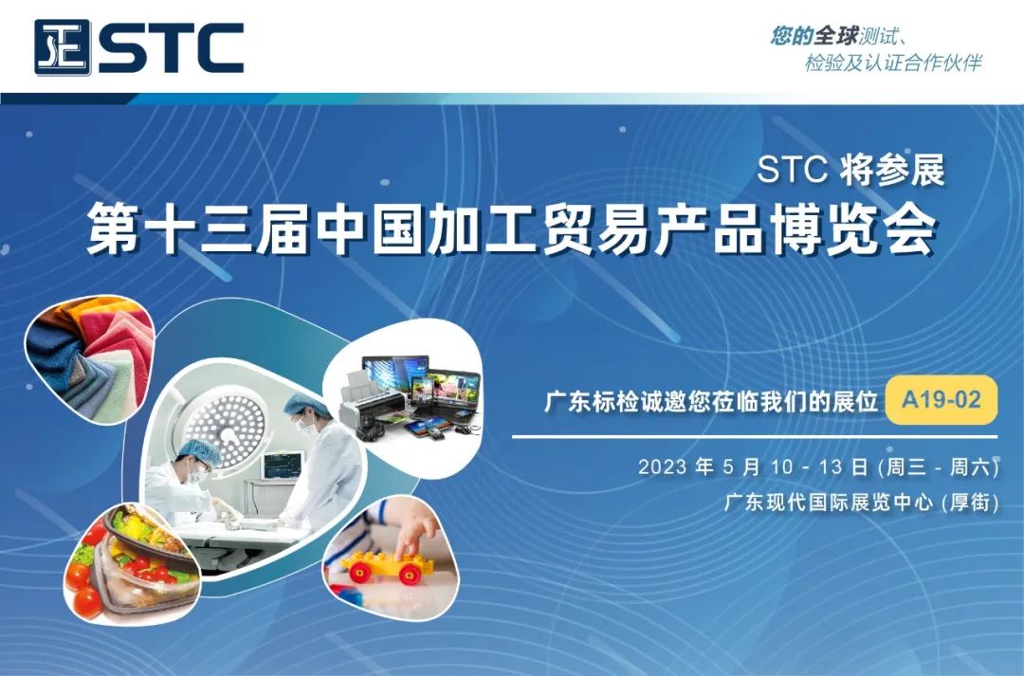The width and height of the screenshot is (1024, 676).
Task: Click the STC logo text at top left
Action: pyautogui.click(x=171, y=46)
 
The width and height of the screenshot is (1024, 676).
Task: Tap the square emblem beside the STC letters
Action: pyautogui.click(x=63, y=47)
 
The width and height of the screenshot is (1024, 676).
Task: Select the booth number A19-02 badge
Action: pyautogui.click(x=941, y=400)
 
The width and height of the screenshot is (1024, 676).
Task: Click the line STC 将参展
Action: pyautogui.click(x=850, y=172)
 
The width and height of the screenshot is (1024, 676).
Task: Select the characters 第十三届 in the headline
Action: pyautogui.click(x=195, y=230)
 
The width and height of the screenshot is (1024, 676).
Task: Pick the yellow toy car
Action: pyautogui.click(x=385, y=568)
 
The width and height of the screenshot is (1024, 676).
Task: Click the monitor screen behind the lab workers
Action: pyautogui.click(x=281, y=466)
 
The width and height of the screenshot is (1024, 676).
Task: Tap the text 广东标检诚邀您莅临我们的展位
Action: pyautogui.click(x=710, y=401)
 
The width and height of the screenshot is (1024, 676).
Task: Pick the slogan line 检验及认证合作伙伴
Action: pyautogui.click(x=892, y=64)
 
